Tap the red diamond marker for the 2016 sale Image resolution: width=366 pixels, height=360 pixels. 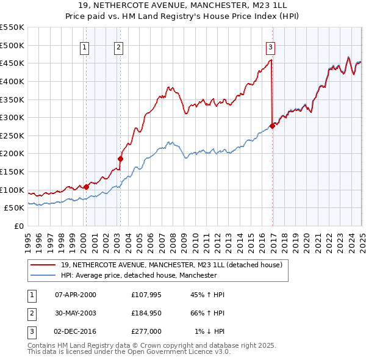(x=272, y=126)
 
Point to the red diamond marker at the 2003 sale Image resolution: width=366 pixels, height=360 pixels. (x=121, y=159)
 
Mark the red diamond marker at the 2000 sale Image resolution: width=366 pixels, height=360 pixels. (x=86, y=187)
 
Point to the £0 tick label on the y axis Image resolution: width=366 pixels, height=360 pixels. (x=20, y=226)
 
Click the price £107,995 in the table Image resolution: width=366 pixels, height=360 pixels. (x=146, y=295)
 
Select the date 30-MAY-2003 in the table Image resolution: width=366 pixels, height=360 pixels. (x=76, y=313)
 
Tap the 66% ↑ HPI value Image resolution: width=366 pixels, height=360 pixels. (x=207, y=313)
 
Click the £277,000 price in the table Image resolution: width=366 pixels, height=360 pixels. (x=146, y=331)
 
